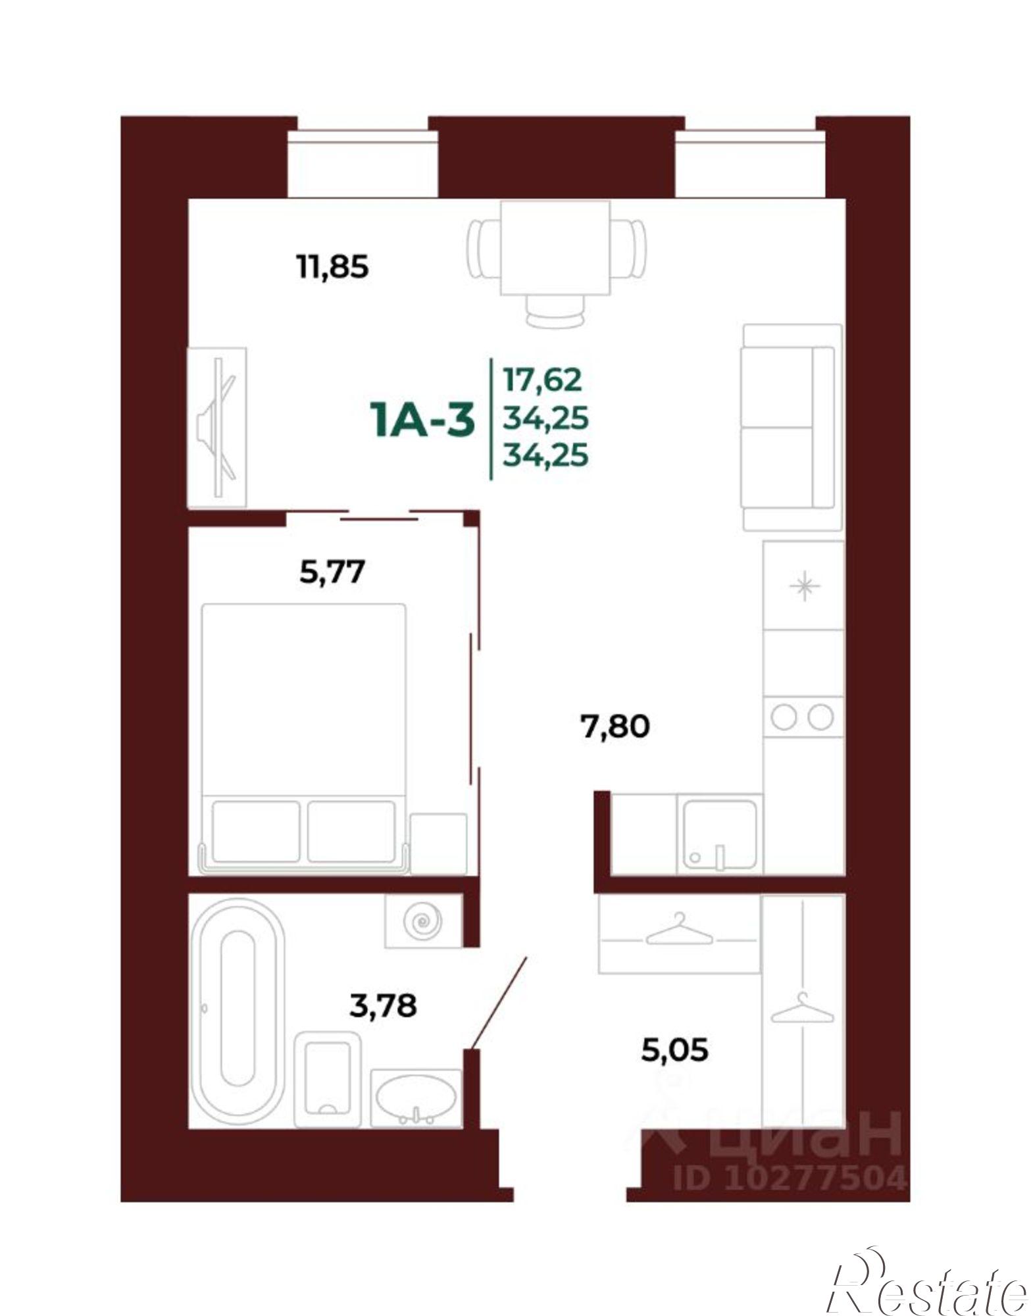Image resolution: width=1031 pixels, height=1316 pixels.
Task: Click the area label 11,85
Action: click(333, 268)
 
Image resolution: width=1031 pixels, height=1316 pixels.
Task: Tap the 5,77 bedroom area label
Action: click(332, 571)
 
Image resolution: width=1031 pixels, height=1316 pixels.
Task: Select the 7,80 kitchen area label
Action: click(616, 726)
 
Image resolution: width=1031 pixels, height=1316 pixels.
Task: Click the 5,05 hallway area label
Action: click(675, 1050)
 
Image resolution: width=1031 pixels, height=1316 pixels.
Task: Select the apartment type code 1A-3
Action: click(422, 421)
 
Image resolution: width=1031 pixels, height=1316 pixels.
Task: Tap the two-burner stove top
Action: click(803, 717)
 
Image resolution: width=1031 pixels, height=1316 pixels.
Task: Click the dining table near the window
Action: click(555, 249)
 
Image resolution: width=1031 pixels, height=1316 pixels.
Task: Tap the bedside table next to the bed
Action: click(438, 844)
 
